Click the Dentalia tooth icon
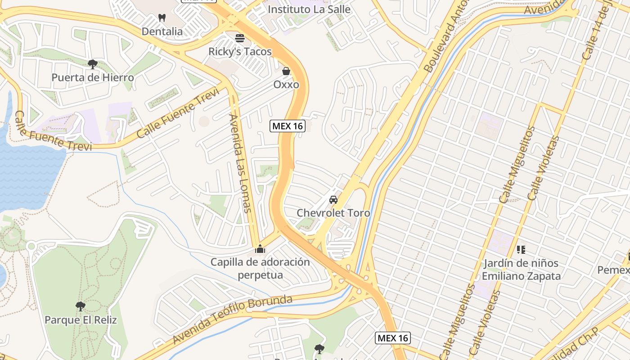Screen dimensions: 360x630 coord(162,18)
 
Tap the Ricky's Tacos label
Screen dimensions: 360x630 coord(240,52)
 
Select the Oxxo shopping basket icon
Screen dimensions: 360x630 coord(286,71)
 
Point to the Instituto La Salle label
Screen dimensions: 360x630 coord(309,9)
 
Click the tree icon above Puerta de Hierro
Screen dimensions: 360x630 coord(93,64)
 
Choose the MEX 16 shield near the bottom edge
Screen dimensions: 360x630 coord(393,338)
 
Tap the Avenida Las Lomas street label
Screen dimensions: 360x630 coord(240,163)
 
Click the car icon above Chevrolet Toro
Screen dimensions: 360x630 coord(333,199)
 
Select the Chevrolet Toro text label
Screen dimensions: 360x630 coord(333,213)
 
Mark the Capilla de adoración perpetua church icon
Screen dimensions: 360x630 coord(260,248)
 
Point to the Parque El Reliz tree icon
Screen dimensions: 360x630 coord(81,306)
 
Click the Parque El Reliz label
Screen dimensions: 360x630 coord(81,320)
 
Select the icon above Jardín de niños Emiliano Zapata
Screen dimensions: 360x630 coord(521,249)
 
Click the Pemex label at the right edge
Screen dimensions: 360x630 coord(613,270)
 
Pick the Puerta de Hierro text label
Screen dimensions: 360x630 coord(93,77)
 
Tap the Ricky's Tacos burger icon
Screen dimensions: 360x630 coord(240,38)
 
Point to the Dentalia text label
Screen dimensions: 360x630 coord(162,31)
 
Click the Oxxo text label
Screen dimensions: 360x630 coord(286,85)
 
